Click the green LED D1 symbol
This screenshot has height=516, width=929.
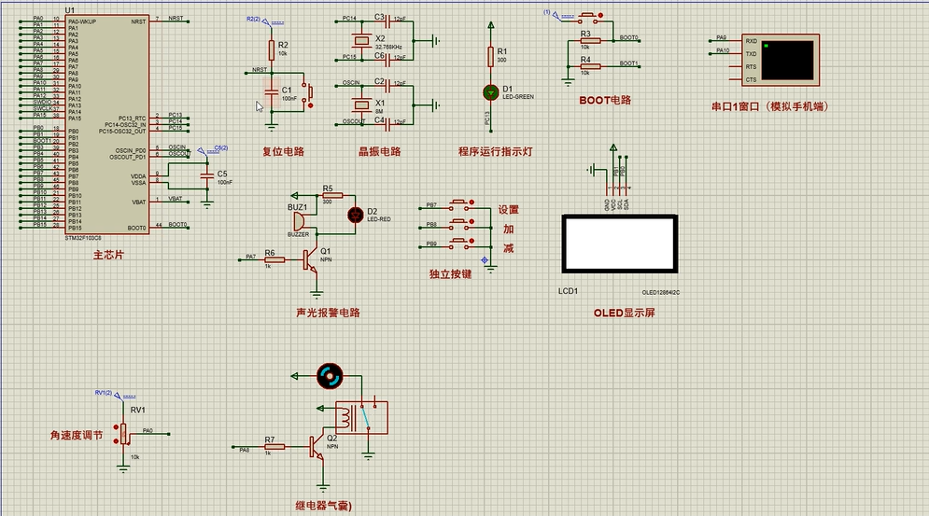coord(491,91)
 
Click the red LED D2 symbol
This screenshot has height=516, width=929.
coord(355,215)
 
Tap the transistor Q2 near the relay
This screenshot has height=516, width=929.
coord(318,450)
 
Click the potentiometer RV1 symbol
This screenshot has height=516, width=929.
coord(123,432)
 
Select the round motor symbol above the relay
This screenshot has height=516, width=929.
coord(329,376)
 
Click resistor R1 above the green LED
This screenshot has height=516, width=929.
coord(491,57)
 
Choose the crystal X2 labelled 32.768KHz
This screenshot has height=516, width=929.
coord(359,39)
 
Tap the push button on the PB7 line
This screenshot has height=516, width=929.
coord(461,204)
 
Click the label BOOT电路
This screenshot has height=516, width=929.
coord(605,100)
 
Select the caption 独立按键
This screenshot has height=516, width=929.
coord(450,274)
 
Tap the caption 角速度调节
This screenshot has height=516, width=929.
coord(81,435)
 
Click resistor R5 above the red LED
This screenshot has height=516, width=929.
coord(331,196)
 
